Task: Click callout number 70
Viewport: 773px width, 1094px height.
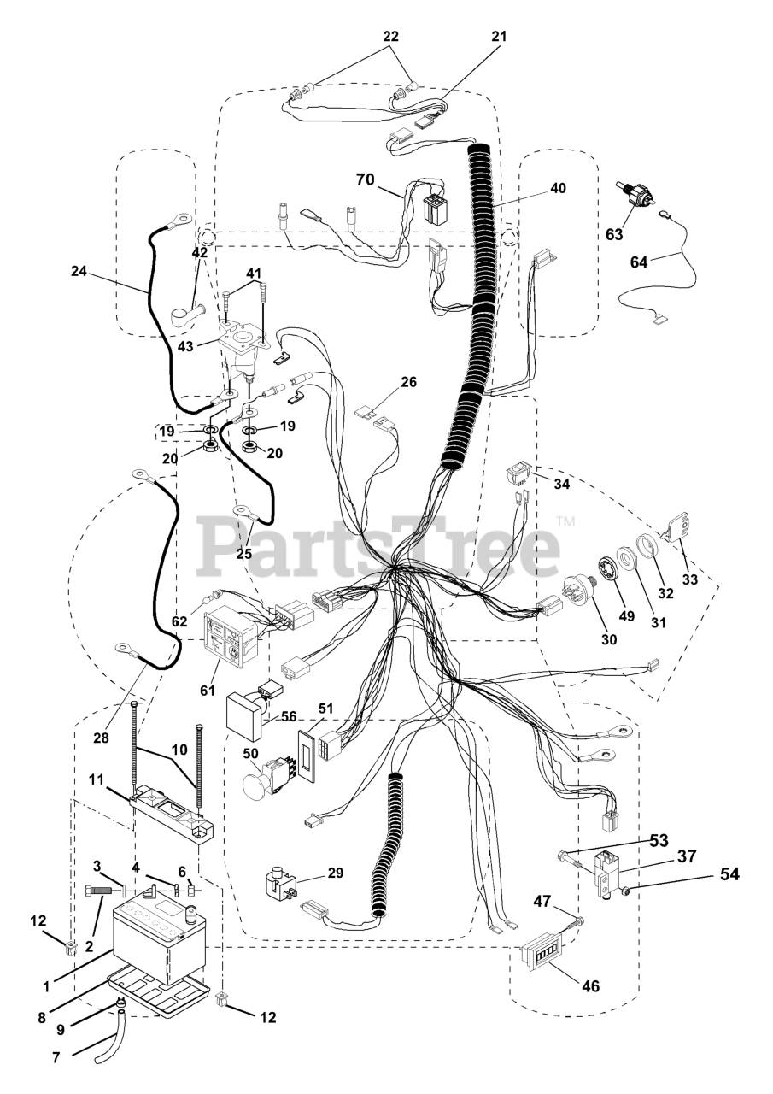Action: tap(366, 179)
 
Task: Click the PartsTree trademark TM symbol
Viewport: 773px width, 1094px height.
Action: tap(565, 521)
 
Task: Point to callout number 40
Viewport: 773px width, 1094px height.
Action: tap(558, 187)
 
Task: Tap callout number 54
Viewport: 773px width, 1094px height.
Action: tap(729, 873)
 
